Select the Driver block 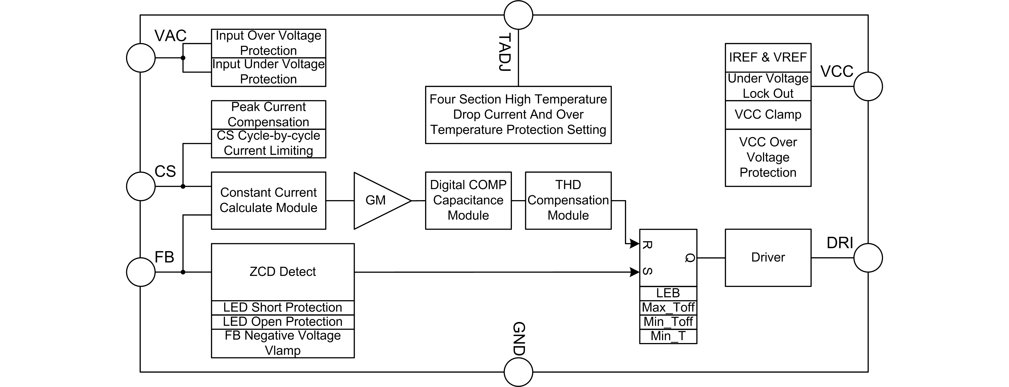768,258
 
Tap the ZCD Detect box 283,272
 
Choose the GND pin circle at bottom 518,372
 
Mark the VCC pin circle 868,86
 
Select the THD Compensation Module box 568,200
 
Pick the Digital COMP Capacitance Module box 468,200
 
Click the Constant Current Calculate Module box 268,200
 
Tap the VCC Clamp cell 768,114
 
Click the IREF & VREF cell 768,58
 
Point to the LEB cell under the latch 668,293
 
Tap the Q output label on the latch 690,258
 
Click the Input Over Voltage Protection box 268,43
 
